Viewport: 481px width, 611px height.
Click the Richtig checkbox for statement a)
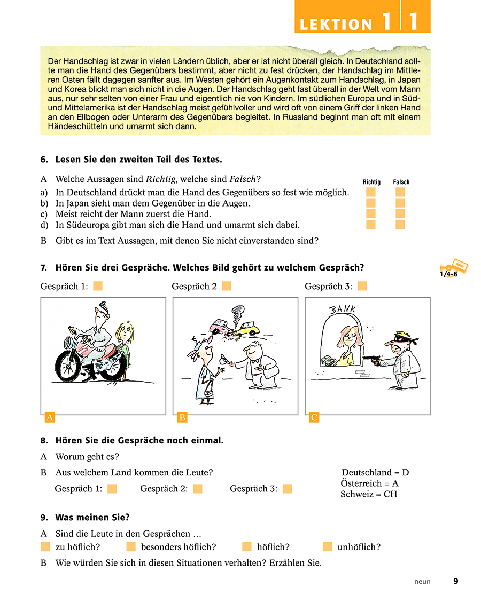(371, 192)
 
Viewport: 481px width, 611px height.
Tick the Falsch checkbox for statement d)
(400, 225)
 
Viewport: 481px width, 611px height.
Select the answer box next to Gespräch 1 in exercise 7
(98, 287)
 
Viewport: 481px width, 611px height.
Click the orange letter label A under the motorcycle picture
(50, 418)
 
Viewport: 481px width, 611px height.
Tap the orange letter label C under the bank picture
(314, 418)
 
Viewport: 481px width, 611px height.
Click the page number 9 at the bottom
(455, 582)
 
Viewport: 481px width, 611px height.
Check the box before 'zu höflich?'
(45, 547)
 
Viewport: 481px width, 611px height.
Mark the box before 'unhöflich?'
(328, 547)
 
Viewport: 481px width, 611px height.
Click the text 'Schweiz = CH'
(369, 494)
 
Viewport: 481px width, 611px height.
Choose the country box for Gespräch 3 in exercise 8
(287, 489)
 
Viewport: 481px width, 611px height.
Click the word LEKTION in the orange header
(336, 25)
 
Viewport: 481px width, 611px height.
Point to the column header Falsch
(401, 182)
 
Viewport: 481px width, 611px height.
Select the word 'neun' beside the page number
(422, 582)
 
